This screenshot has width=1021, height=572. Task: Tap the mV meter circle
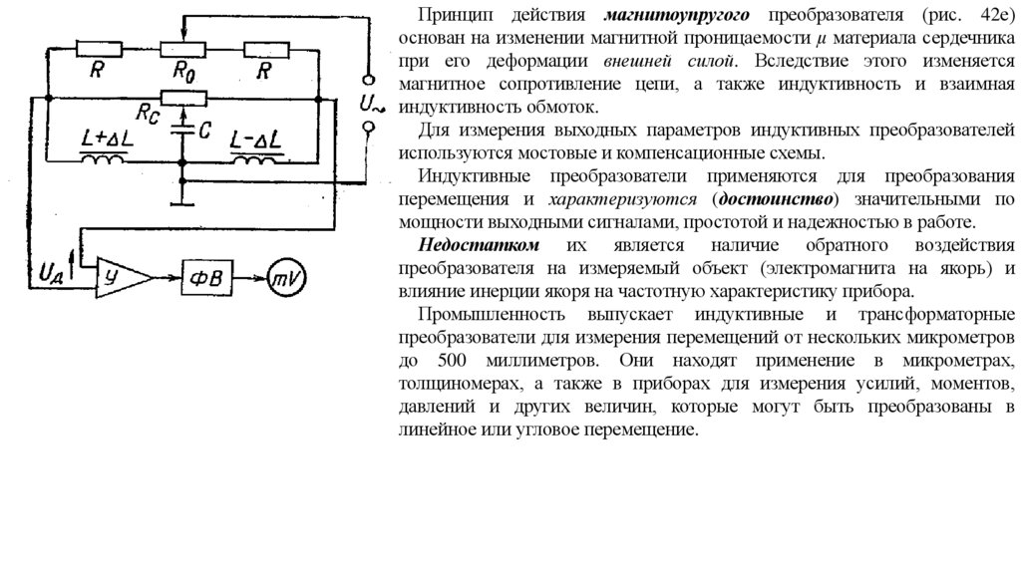tap(286, 276)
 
